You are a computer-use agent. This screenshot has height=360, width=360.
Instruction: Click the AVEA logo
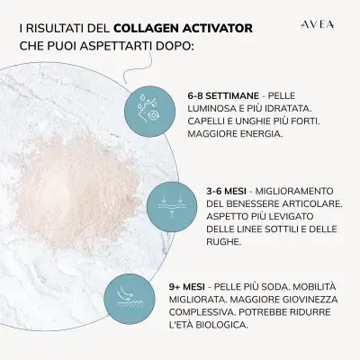point(316,26)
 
